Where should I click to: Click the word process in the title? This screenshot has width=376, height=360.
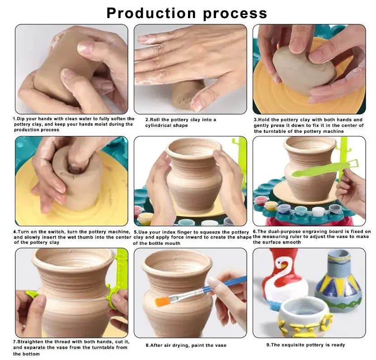235,14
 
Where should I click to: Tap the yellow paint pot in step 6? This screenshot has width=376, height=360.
271,207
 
